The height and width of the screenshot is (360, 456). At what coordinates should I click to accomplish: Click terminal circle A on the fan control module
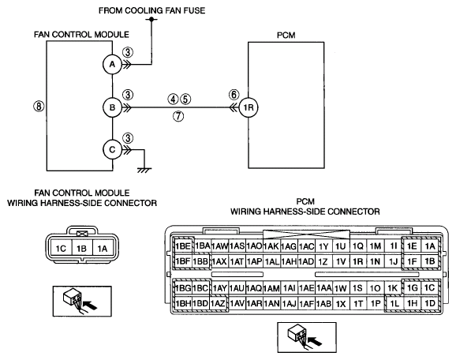click(112, 65)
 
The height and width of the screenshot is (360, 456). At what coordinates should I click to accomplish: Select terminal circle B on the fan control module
click(112, 107)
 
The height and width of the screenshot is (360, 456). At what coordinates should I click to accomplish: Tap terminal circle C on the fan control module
click(112, 149)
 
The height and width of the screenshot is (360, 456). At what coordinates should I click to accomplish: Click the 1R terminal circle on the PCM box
click(249, 107)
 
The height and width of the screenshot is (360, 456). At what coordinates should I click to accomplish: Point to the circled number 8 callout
click(39, 106)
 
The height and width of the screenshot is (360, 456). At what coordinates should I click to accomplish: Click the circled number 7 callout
click(178, 116)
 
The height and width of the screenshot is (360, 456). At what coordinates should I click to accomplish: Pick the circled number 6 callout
click(234, 94)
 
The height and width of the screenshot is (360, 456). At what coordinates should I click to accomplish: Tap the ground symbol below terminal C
click(144, 171)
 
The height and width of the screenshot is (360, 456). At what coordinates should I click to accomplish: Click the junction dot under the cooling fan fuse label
click(151, 19)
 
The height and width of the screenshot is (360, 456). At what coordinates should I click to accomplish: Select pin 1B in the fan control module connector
click(82, 249)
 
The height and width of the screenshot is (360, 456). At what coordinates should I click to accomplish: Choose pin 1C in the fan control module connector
click(61, 249)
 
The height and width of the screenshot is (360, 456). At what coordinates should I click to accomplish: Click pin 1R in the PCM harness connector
click(358, 261)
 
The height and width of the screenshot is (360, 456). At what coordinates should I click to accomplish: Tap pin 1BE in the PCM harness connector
click(182, 246)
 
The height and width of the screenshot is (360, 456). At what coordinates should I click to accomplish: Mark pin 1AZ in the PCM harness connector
click(218, 303)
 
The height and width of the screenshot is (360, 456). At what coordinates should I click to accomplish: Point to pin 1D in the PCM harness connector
click(430, 303)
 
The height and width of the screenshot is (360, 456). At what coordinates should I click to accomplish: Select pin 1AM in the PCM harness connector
click(271, 288)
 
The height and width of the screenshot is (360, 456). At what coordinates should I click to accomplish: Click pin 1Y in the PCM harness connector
click(323, 246)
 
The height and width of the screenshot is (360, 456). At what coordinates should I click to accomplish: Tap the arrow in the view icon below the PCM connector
click(315, 341)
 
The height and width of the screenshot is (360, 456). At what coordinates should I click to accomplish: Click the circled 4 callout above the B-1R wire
click(173, 99)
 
